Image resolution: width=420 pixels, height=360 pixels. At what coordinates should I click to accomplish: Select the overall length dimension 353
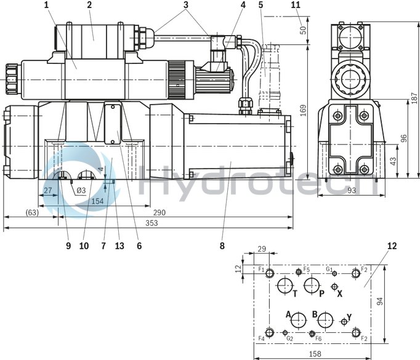(x=148, y=223)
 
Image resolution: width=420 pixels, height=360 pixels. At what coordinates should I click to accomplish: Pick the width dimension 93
(x=350, y=191)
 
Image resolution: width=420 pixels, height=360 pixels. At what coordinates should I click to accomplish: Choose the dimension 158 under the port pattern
(x=315, y=354)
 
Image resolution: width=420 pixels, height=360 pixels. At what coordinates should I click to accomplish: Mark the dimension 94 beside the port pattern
(x=380, y=302)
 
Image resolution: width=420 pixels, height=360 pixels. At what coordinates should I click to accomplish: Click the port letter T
(x=295, y=294)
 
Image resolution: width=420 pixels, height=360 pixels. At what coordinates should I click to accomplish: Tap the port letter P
(x=321, y=294)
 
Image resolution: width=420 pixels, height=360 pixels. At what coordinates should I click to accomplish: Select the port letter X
(x=339, y=294)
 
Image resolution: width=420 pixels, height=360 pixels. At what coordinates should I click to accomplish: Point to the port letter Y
(x=349, y=318)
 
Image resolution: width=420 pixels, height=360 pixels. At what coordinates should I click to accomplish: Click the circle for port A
(x=299, y=319)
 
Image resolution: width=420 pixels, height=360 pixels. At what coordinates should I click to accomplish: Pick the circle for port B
(x=326, y=319)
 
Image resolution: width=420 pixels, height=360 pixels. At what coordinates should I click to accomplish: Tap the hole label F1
(x=261, y=270)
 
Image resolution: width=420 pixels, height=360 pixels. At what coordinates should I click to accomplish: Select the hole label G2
(x=289, y=338)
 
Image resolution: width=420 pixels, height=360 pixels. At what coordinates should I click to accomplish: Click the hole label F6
(x=318, y=338)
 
